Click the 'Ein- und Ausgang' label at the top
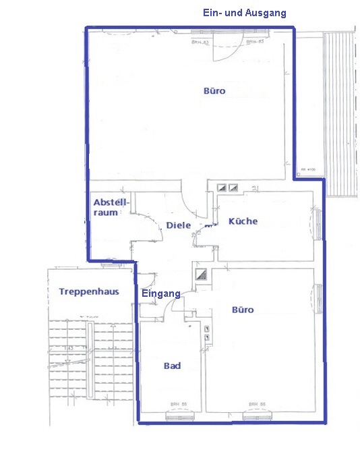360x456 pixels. (244, 13)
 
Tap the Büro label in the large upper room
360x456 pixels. (214, 90)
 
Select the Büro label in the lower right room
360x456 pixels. (243, 310)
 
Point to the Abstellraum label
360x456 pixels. (106, 207)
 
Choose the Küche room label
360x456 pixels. (243, 221)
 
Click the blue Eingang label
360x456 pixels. (160, 293)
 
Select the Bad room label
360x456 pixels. (172, 366)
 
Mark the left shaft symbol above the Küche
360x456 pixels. (221, 187)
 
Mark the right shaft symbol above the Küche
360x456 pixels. (233, 187)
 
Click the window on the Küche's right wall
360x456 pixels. (317, 223)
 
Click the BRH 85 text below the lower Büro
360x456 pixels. (255, 404)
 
